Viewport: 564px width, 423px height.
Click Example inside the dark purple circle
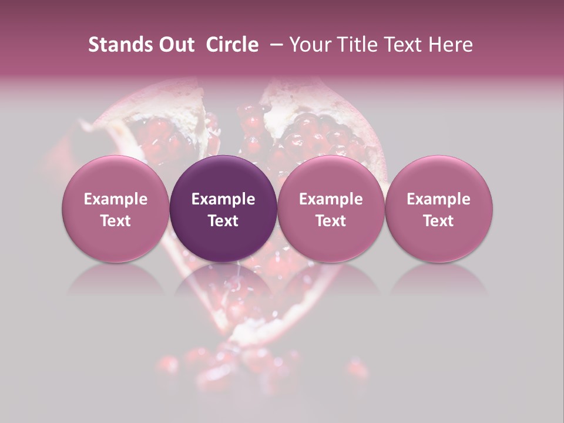click(x=223, y=199)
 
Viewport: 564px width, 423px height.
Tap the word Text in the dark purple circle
click(x=223, y=221)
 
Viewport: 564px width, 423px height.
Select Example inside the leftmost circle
click(x=116, y=199)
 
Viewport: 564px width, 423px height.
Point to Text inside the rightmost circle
click(x=439, y=221)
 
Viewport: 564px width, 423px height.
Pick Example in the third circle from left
click(x=331, y=199)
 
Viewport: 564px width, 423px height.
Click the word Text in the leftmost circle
click(x=116, y=221)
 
